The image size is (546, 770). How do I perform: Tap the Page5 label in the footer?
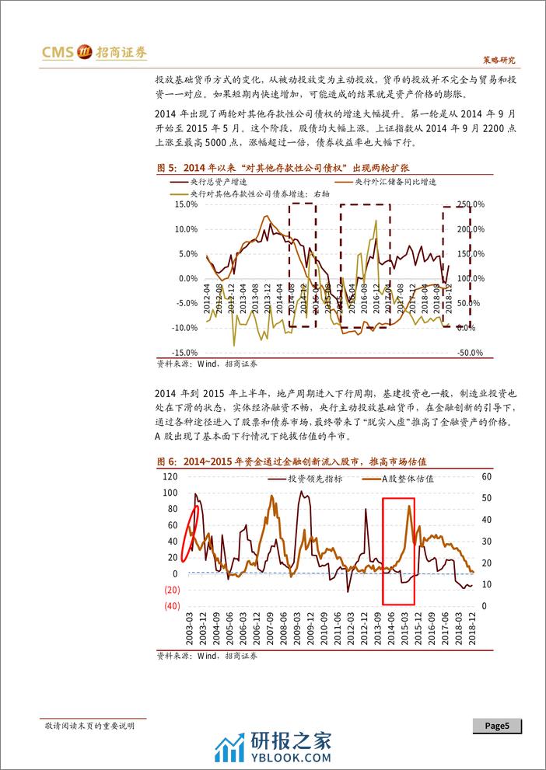(497, 726)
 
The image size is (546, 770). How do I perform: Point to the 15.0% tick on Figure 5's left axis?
(187, 204)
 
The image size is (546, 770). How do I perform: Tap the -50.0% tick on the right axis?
(471, 353)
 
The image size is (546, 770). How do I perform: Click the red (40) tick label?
(172, 606)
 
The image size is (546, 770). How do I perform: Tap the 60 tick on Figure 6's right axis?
(488, 476)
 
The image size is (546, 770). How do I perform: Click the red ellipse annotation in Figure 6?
(190, 532)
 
